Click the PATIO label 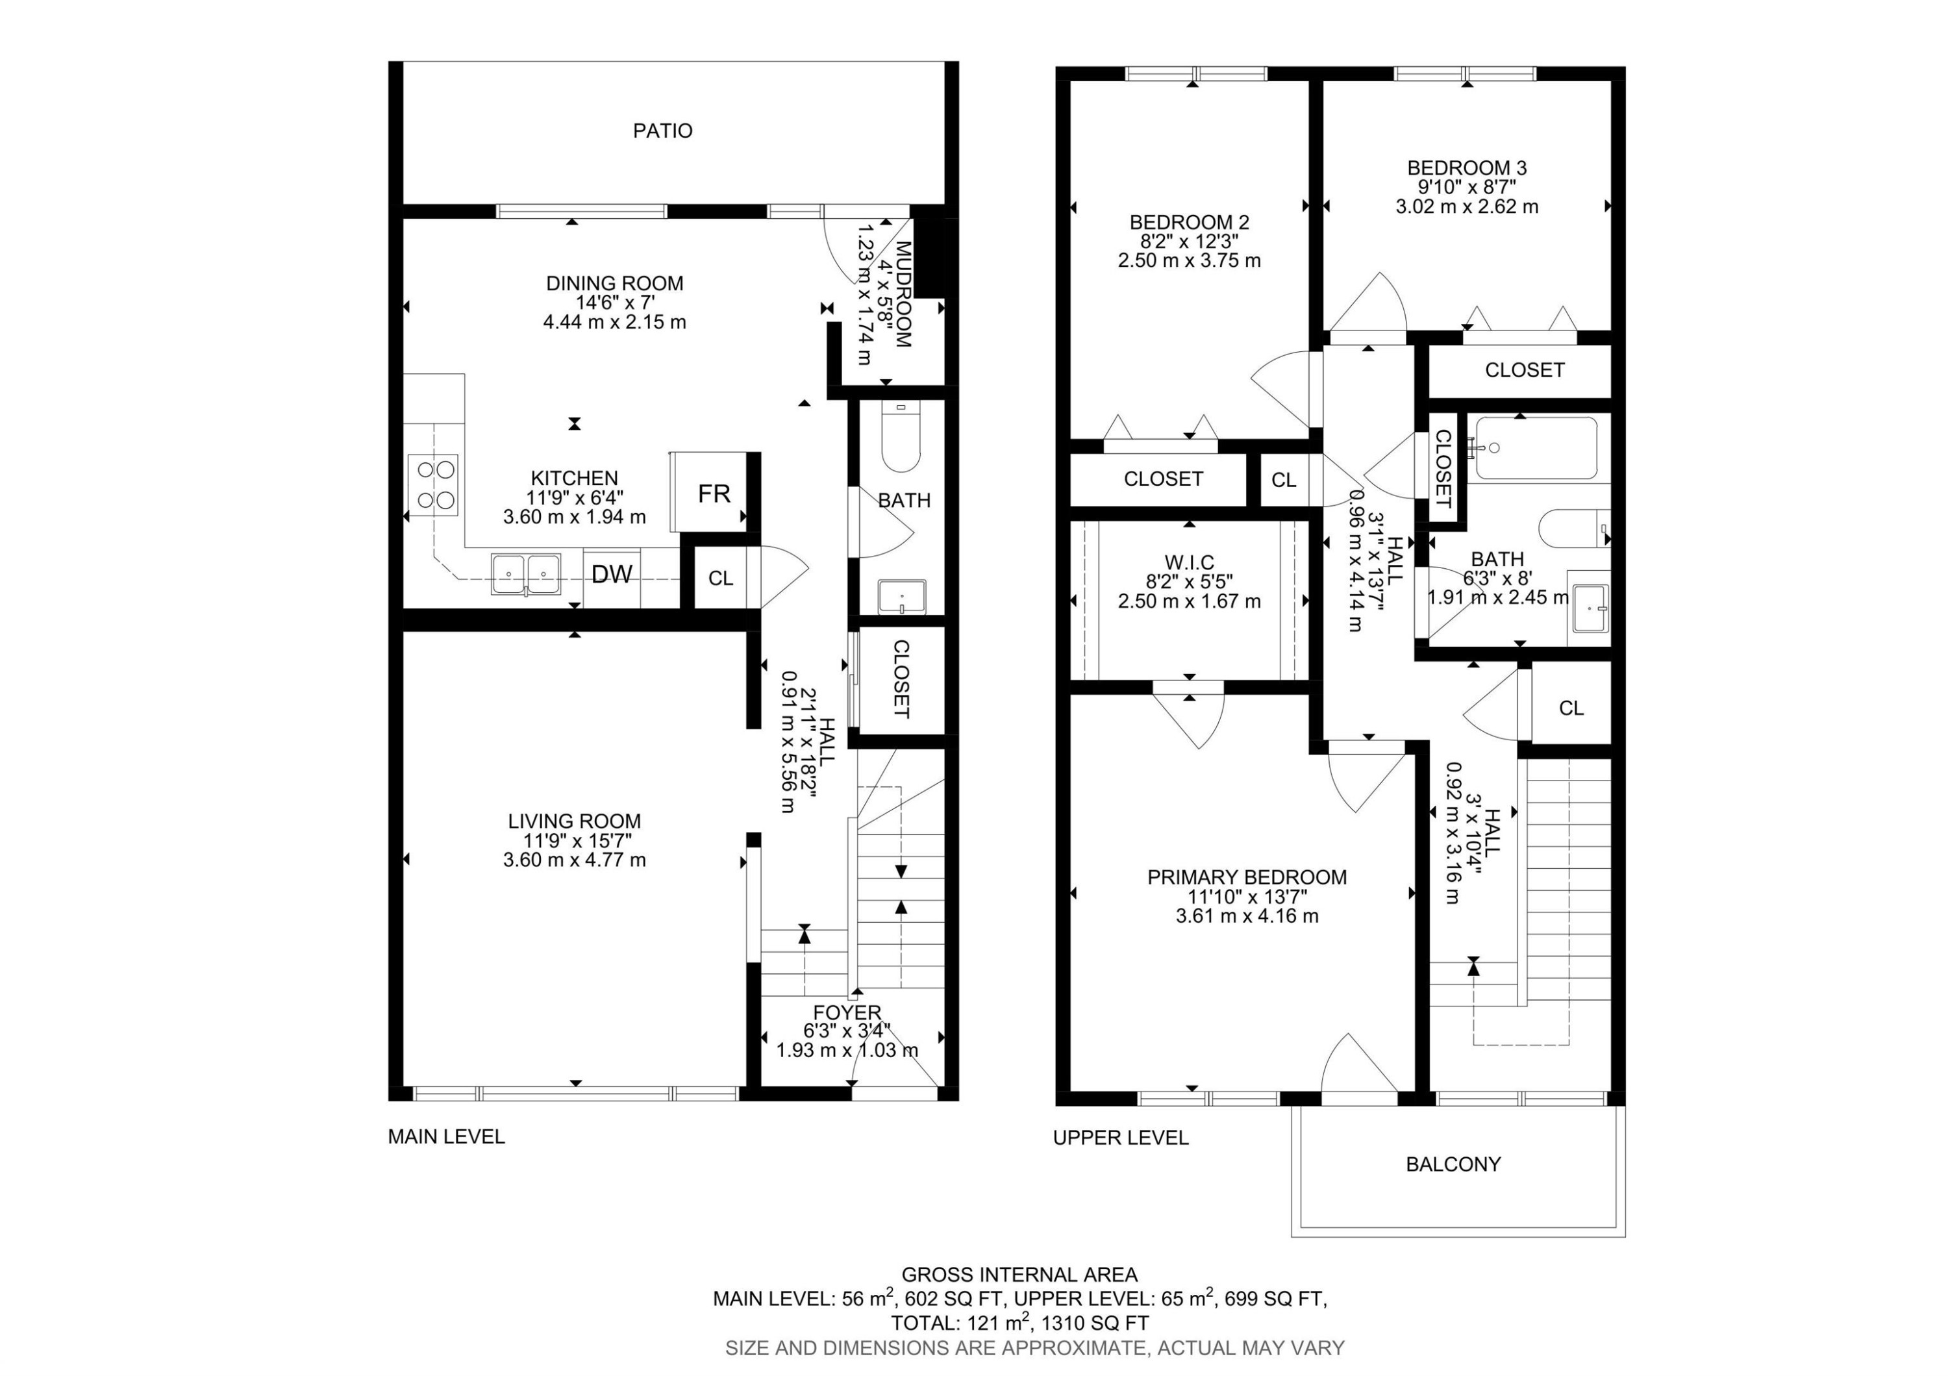(662, 131)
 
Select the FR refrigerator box (713, 494)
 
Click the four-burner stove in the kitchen (434, 485)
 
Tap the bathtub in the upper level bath (1536, 448)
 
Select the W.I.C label (1189, 562)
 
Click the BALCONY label (1453, 1164)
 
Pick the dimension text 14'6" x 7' (614, 303)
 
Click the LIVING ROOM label (575, 821)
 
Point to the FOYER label (847, 1013)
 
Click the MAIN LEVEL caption (446, 1137)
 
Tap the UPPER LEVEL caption (1120, 1138)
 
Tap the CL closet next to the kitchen (720, 579)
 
